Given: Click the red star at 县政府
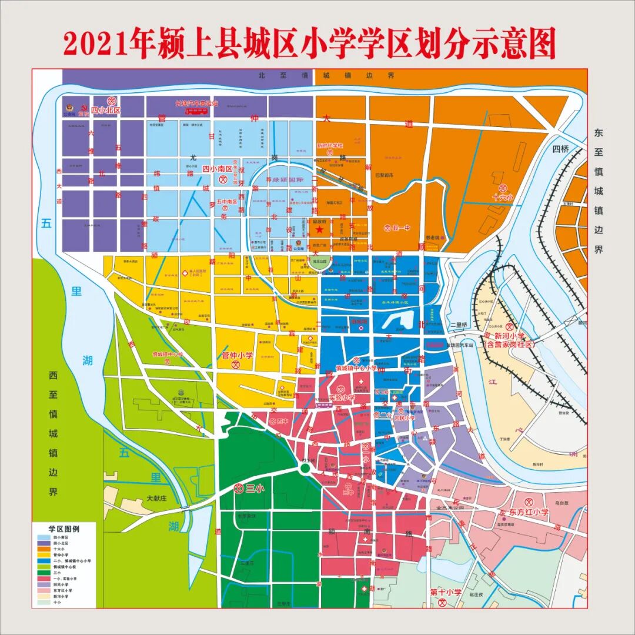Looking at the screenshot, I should [319, 230].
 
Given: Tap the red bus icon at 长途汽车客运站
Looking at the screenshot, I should [196, 111].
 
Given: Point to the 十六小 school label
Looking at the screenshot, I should [503, 198].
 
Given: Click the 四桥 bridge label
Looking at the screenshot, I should [560, 149].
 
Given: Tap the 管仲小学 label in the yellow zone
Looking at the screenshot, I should [237, 356].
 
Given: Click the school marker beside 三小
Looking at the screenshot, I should [239, 488].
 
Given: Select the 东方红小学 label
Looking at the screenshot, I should [529, 512].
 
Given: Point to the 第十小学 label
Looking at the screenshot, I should [445, 591].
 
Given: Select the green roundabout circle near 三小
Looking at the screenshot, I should [305, 468].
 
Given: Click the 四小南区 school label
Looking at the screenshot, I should [217, 169].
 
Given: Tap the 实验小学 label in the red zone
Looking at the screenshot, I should [342, 397].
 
